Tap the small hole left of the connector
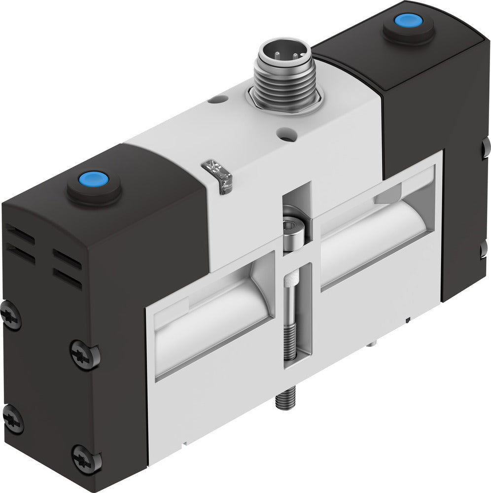tap(214, 100)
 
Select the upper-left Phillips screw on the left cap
tap(11, 316)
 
